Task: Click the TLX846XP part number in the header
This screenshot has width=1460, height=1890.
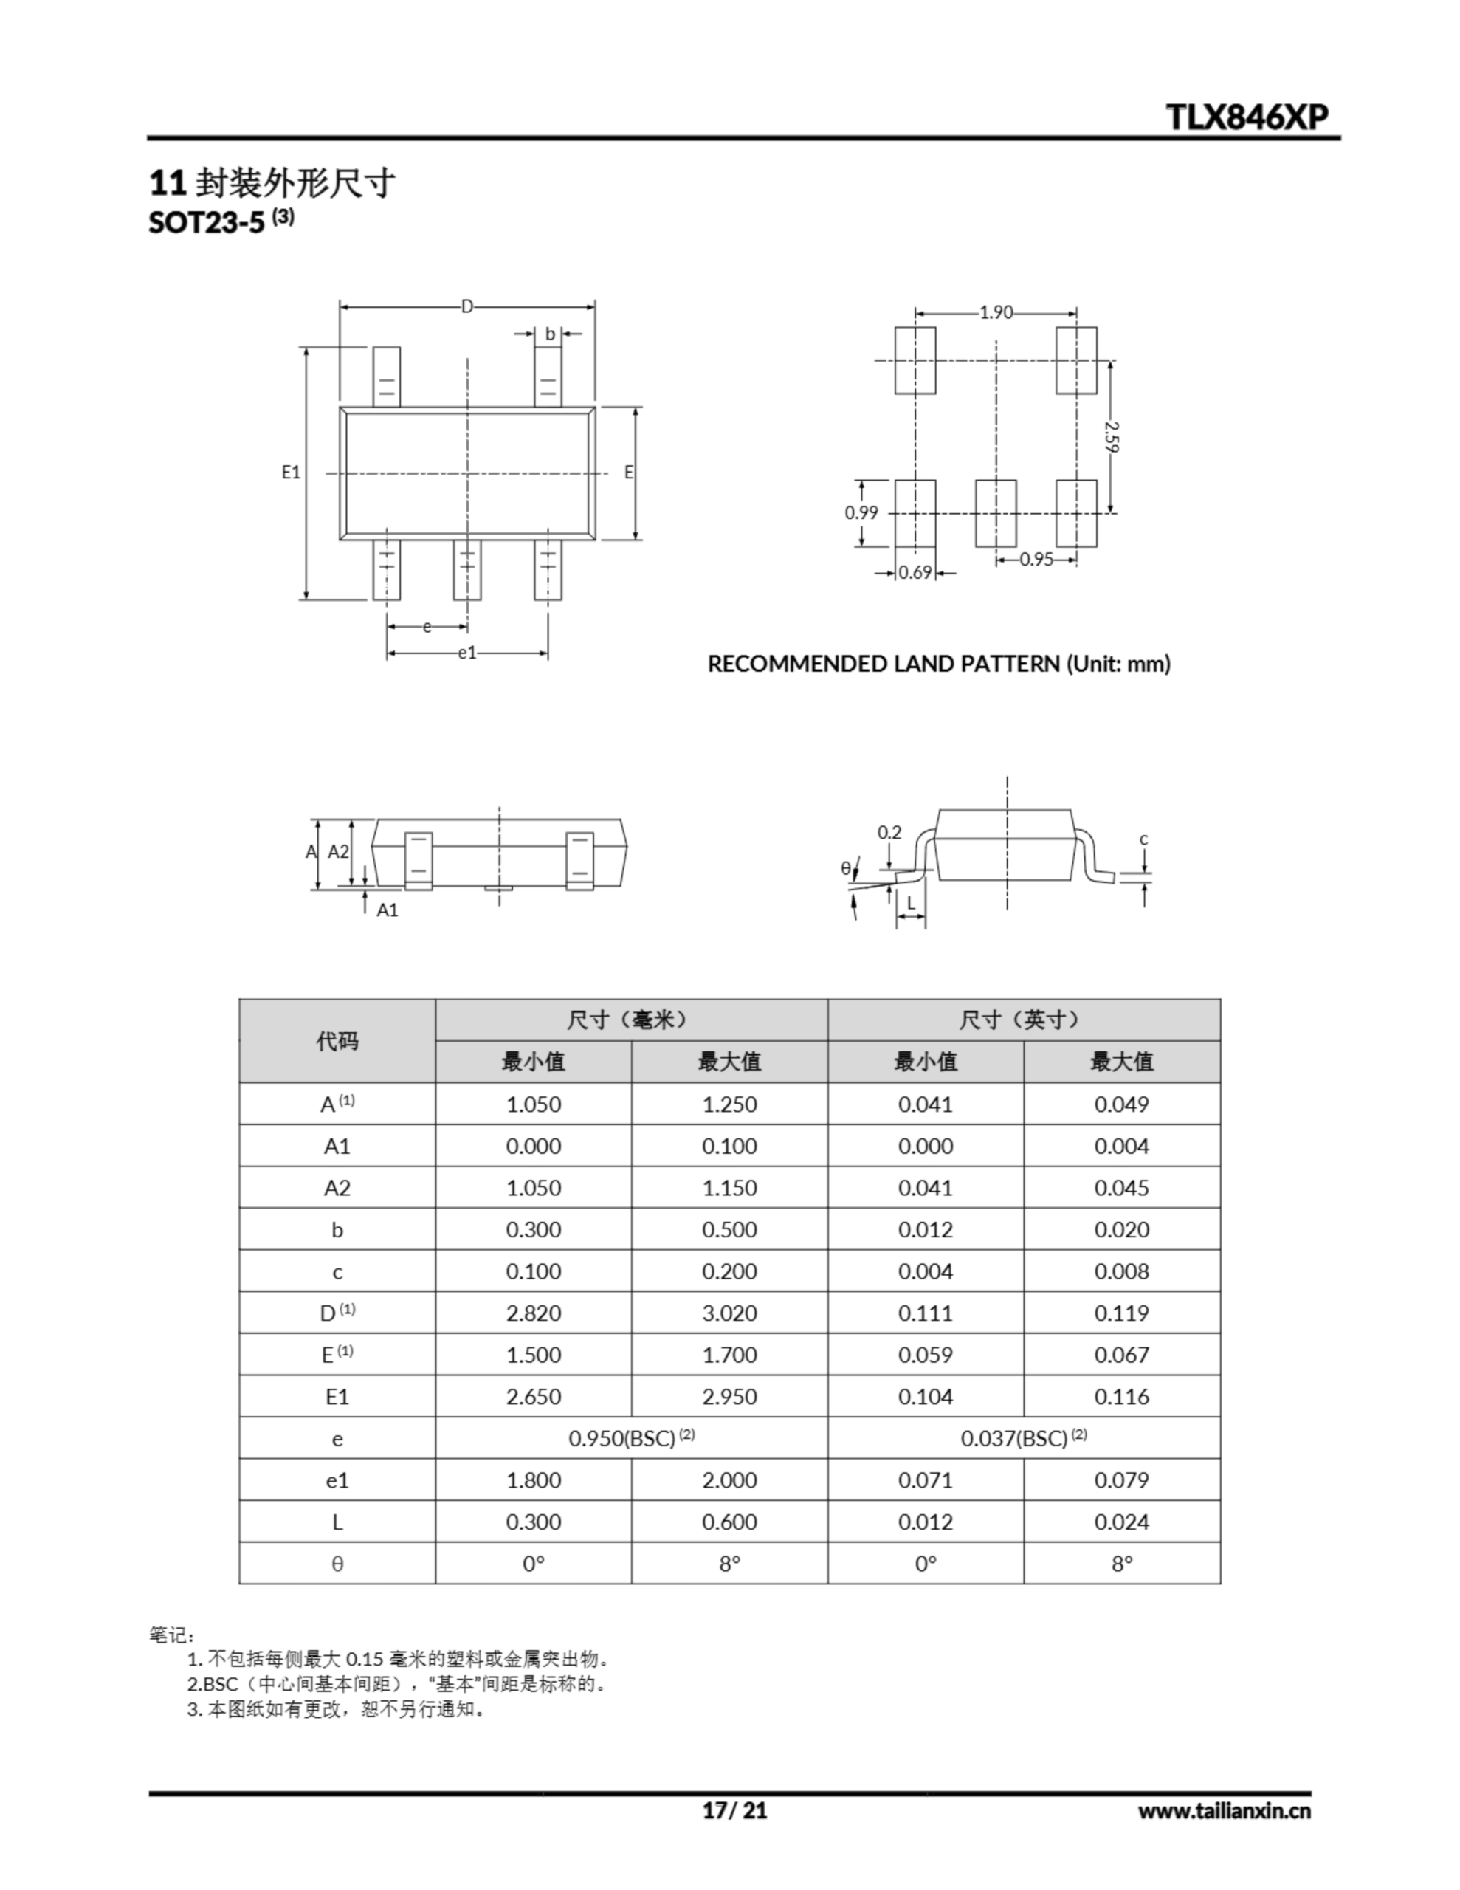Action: (1247, 117)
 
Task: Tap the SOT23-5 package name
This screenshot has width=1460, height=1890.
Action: (206, 222)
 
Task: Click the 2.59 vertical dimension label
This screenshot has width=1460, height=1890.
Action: (1112, 436)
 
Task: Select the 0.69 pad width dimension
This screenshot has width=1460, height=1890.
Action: (915, 572)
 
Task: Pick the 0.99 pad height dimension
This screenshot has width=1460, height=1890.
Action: (861, 512)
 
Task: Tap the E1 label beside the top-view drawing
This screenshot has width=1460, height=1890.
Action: (291, 472)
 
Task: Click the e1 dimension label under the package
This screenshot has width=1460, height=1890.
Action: (467, 653)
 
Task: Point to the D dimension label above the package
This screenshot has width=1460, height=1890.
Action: (467, 306)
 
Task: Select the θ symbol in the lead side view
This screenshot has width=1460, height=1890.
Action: (846, 868)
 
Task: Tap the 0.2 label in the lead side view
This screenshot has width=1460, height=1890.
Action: (889, 833)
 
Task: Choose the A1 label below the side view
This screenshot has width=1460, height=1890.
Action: (387, 910)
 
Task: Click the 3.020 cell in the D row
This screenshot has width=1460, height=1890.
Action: (729, 1313)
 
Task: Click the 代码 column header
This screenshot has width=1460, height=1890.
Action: (337, 1040)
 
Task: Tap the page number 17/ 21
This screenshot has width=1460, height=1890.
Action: (734, 1810)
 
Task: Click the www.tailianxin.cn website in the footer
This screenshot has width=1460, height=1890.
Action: (1224, 1810)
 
